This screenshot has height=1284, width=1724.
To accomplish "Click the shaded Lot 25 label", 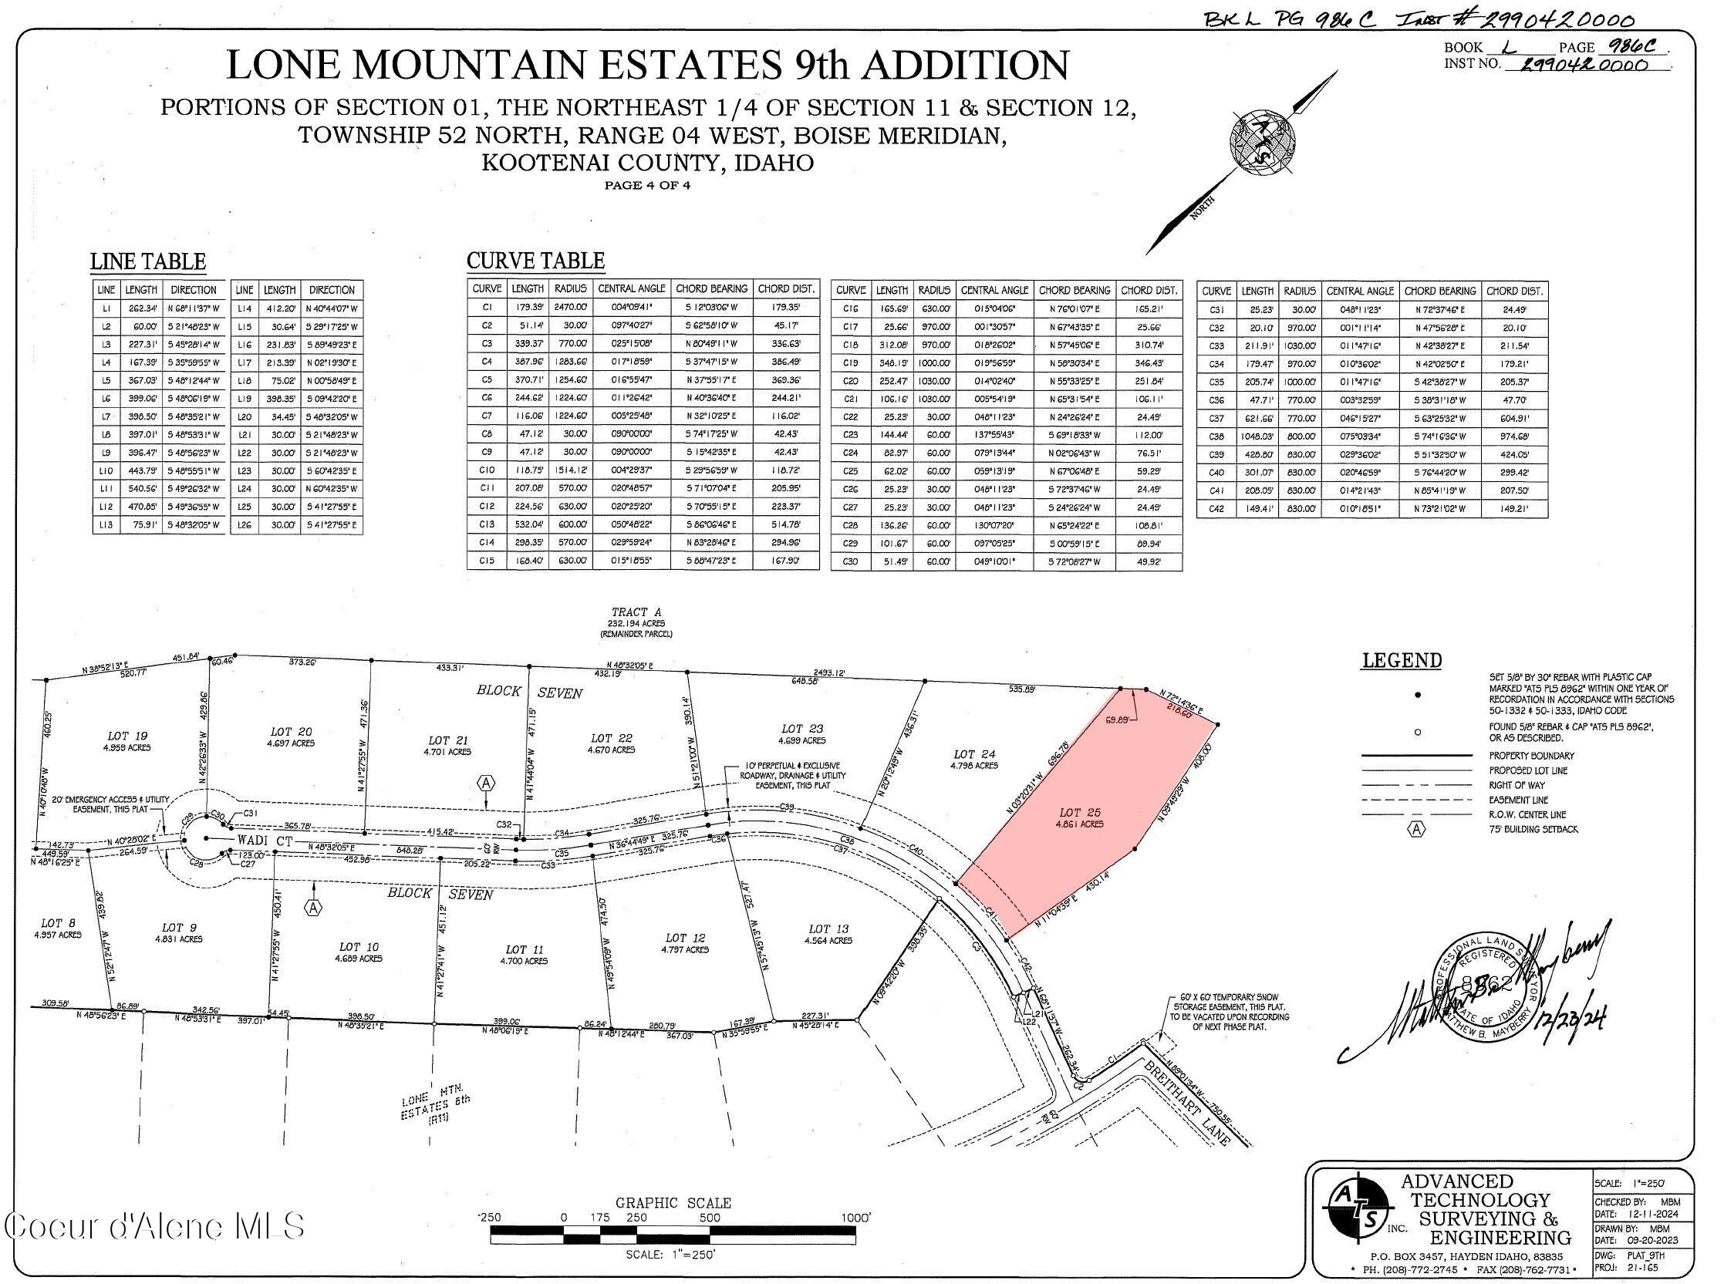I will coord(1081,813).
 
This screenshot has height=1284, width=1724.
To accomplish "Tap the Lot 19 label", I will coord(127,736).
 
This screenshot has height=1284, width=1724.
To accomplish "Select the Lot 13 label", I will coord(828,928).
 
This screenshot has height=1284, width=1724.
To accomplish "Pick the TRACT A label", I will coord(636,612).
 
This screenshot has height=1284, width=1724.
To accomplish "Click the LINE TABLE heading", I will coord(147,262).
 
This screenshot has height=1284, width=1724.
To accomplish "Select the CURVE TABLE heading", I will coord(535,261).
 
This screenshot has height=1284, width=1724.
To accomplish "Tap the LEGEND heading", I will coord(1401,661).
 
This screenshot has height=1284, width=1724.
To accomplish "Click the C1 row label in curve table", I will coord(488,308).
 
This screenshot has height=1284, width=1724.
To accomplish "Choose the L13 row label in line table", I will coord(106,524).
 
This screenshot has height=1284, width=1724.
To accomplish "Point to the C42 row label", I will coord(1216,509).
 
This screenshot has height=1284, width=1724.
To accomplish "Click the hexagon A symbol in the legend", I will coord(1417,829).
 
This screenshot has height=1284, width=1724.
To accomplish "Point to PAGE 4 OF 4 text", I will coord(647,186).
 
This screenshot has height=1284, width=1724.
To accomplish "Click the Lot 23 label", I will coord(803,729).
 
